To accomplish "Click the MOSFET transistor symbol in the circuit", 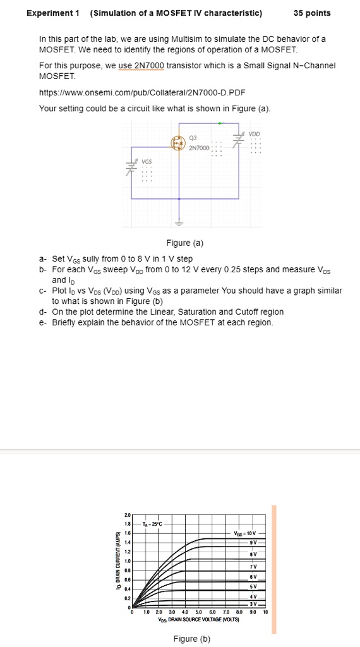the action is pos(177,144).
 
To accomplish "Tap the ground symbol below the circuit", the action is pos(179,222).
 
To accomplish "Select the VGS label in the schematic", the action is pos(146,161).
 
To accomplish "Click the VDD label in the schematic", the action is pos(254,134).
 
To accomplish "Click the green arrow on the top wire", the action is pos(220,124).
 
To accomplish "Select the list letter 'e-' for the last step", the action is pos(42,322).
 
